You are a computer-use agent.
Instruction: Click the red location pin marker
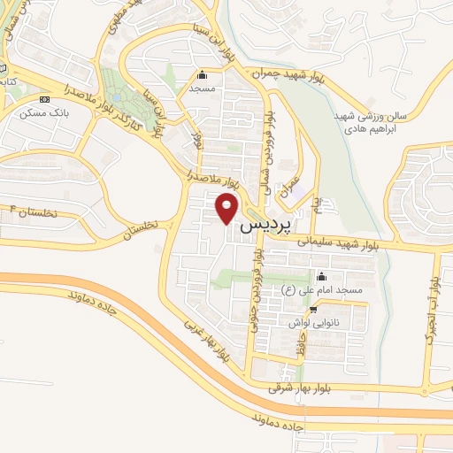(x=228, y=209)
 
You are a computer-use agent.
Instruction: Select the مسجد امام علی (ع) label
(x=324, y=290)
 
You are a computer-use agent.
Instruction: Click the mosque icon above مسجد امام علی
(x=320, y=276)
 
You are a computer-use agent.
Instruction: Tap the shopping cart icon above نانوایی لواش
(x=314, y=310)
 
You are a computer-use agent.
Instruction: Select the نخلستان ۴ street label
(x=35, y=212)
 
